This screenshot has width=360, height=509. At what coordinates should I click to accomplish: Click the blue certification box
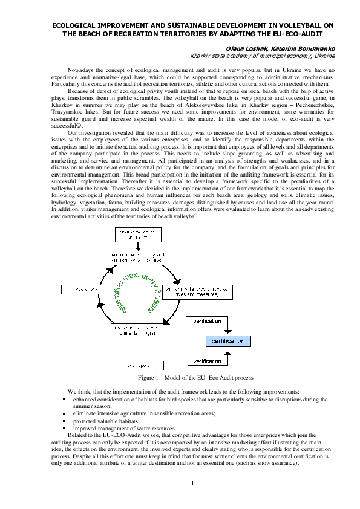(x=227, y=341)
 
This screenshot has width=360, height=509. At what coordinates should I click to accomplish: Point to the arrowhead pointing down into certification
(x=228, y=331)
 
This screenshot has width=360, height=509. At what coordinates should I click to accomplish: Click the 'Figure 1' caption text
(x=195, y=378)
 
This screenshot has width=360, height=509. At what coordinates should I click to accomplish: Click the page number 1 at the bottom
(x=192, y=483)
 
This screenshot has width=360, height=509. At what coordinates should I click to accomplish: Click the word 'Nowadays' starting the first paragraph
(x=80, y=71)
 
